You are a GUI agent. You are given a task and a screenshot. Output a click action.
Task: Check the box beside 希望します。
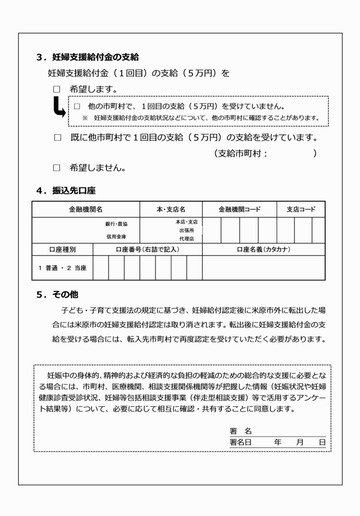coord(56,90)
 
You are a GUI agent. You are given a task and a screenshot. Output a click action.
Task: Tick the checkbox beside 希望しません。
coord(56,168)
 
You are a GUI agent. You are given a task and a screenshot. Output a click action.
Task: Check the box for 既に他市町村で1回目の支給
coord(56,138)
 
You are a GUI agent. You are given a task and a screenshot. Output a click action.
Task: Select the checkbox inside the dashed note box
coord(78,106)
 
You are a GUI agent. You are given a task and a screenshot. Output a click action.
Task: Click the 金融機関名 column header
coord(86,210)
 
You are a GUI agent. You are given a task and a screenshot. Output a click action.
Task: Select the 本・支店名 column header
coord(171,210)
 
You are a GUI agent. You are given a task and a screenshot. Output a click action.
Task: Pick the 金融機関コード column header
coord(239,210)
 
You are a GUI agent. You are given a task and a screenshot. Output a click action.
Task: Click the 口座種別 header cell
coord(62,249)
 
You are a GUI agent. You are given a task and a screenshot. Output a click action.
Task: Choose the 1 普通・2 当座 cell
coord(62,268)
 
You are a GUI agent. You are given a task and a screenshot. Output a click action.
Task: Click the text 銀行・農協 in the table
coord(117,224)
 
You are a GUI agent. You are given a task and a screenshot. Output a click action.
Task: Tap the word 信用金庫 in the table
coord(116,236)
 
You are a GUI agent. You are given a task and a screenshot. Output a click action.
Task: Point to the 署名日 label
coord(241,442)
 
